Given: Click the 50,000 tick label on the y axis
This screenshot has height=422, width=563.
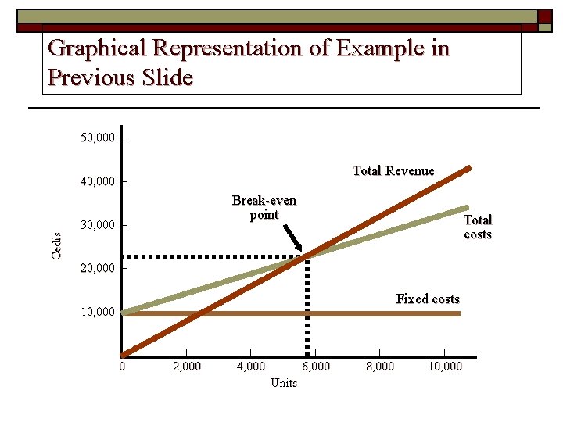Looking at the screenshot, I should click(x=98, y=138).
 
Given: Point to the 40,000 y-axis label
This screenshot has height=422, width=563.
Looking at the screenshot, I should click(x=98, y=182).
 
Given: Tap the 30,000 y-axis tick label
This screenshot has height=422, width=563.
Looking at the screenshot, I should click(x=98, y=226).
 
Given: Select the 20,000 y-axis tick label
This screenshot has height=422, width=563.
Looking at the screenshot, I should click(x=98, y=269).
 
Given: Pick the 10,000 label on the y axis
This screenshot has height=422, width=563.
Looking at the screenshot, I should click(x=98, y=313).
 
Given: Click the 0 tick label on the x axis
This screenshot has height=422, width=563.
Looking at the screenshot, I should click(x=122, y=366).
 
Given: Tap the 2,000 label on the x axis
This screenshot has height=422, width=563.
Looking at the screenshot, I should click(x=185, y=366).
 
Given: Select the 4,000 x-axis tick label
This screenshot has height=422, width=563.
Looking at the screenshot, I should click(x=250, y=366).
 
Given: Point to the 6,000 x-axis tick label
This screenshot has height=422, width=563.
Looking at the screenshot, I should click(x=315, y=366).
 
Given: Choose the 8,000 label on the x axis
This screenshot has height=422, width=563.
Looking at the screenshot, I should click(x=379, y=366).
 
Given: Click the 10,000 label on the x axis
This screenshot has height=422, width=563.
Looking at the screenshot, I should click(x=445, y=366).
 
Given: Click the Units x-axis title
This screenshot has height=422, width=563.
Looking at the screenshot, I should click(x=283, y=382).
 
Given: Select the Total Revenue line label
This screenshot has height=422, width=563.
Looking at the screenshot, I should click(x=393, y=170).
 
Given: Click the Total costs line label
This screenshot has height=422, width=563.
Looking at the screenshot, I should click(x=478, y=227).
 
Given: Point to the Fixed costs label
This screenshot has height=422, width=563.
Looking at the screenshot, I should click(x=428, y=299).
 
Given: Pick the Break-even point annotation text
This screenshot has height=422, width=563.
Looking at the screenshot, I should click(x=264, y=207).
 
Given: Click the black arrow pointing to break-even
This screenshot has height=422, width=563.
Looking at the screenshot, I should click(x=293, y=238).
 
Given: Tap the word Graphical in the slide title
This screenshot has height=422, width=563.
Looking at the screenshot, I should click(x=97, y=48).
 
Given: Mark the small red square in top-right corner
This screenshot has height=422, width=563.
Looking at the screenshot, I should click(x=544, y=16).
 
